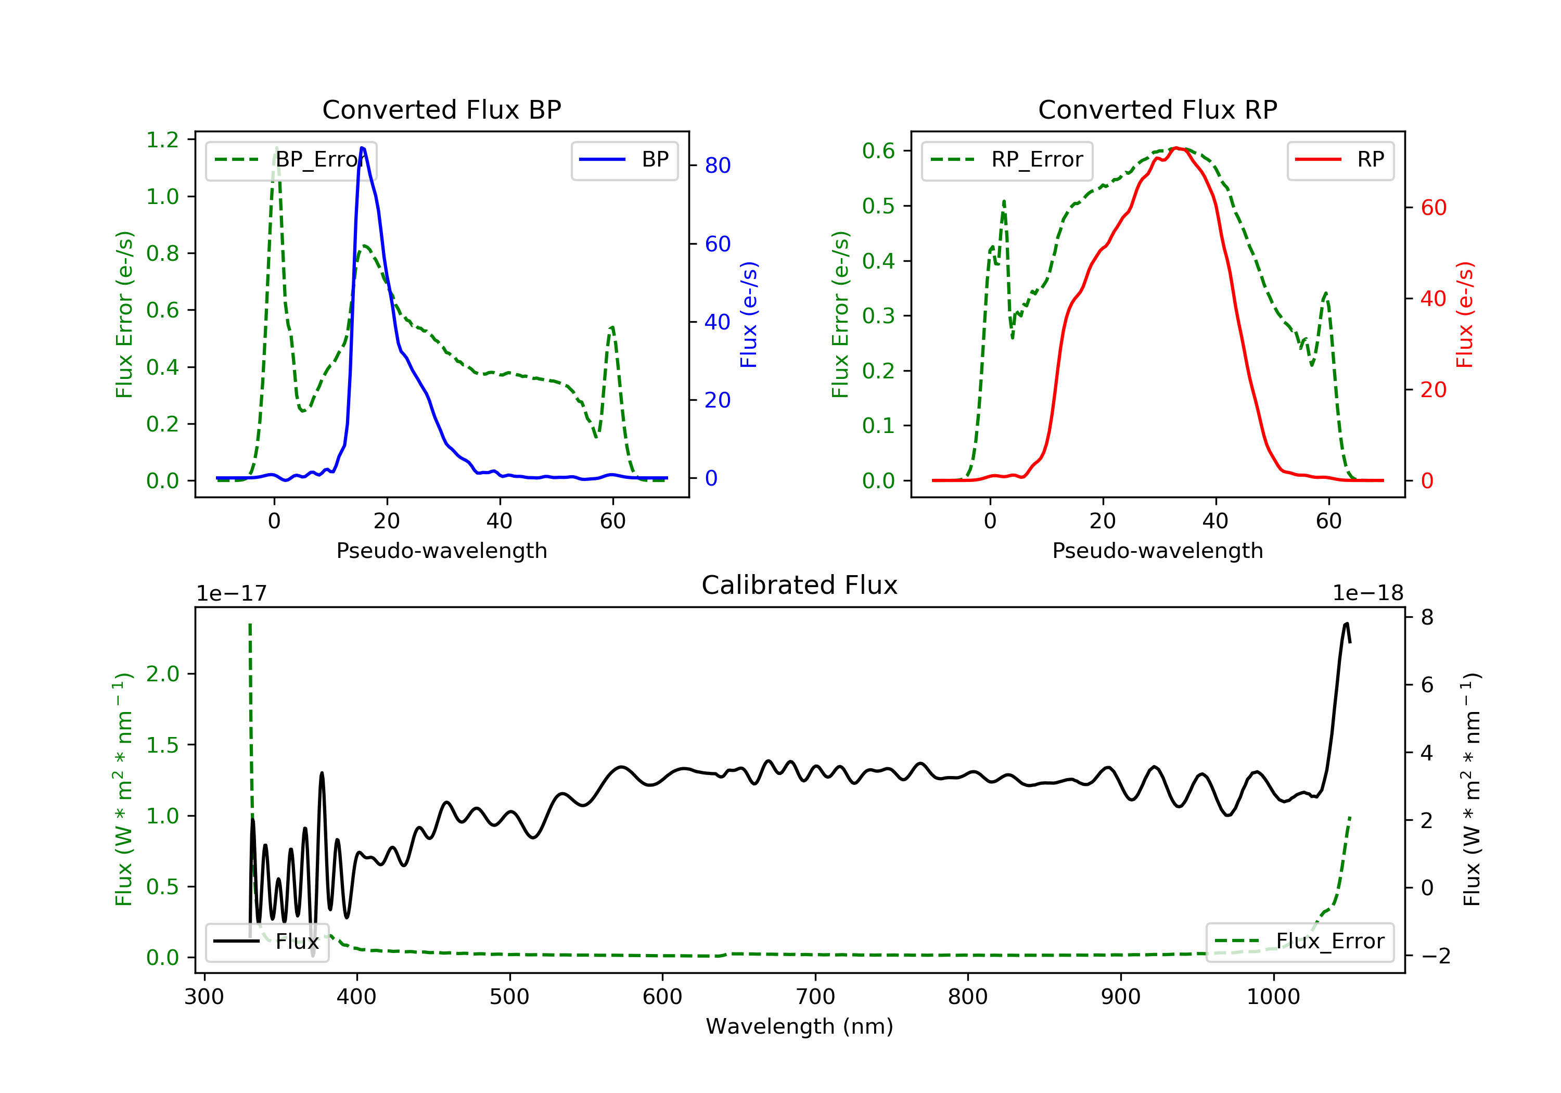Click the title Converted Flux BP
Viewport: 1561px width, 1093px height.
pos(441,109)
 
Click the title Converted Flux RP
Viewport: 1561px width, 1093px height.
pos(1157,109)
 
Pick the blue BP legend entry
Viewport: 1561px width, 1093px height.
pos(625,160)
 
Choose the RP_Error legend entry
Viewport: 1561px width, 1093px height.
pos(1007,160)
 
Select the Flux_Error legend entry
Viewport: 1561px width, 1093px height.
pos(1300,942)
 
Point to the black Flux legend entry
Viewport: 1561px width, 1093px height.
pos(267,942)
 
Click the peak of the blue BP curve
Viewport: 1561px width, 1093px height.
pos(362,148)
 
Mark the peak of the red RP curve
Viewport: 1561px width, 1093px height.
pos(1177,148)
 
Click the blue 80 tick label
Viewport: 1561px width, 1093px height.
pos(717,166)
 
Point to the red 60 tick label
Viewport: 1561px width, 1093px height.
pos(1433,208)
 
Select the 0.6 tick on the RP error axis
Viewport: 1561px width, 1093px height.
pos(878,151)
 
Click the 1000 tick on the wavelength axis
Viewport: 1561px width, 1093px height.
pos(1273,997)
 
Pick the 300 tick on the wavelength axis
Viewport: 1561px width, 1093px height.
pos(204,997)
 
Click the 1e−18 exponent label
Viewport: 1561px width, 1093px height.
pos(1367,593)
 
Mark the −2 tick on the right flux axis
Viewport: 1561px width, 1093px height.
pos(1434,956)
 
